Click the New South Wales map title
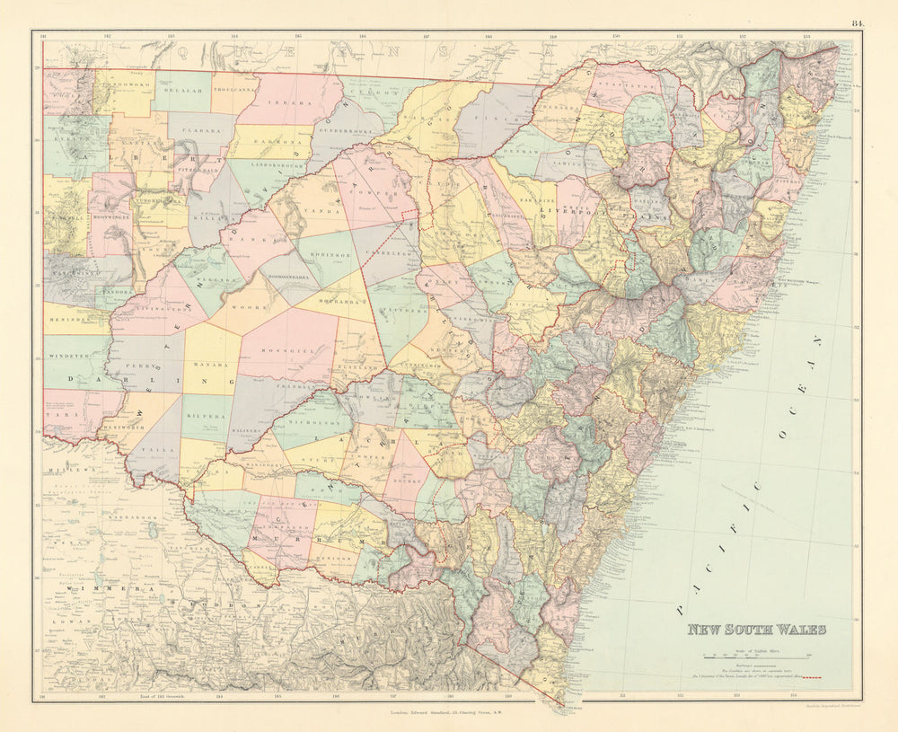point(756,630)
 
